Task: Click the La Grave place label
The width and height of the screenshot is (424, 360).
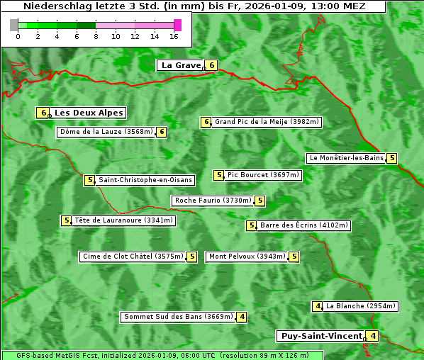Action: click(x=180, y=65)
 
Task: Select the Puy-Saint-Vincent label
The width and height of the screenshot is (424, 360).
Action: click(x=320, y=336)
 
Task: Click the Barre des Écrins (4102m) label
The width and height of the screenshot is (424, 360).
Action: click(x=304, y=225)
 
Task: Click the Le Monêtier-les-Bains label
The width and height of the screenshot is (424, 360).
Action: click(x=346, y=158)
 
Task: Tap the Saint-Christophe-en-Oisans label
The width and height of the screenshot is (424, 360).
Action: click(x=145, y=180)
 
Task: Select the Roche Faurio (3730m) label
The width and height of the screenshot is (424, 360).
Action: click(x=213, y=201)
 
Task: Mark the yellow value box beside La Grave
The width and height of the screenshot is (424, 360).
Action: click(x=211, y=65)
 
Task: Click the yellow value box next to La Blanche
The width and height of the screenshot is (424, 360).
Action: click(x=318, y=306)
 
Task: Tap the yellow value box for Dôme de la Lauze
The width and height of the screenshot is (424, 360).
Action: click(x=162, y=132)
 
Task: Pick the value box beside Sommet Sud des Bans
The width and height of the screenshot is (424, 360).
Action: click(x=242, y=317)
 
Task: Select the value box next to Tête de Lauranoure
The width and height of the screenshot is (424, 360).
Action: click(x=67, y=220)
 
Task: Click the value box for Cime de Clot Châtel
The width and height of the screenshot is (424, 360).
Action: click(x=191, y=257)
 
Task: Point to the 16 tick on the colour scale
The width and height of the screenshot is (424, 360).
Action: click(x=174, y=35)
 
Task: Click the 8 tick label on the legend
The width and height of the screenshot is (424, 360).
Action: click(x=96, y=35)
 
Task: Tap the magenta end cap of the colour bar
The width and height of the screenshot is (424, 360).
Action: click(x=177, y=25)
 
